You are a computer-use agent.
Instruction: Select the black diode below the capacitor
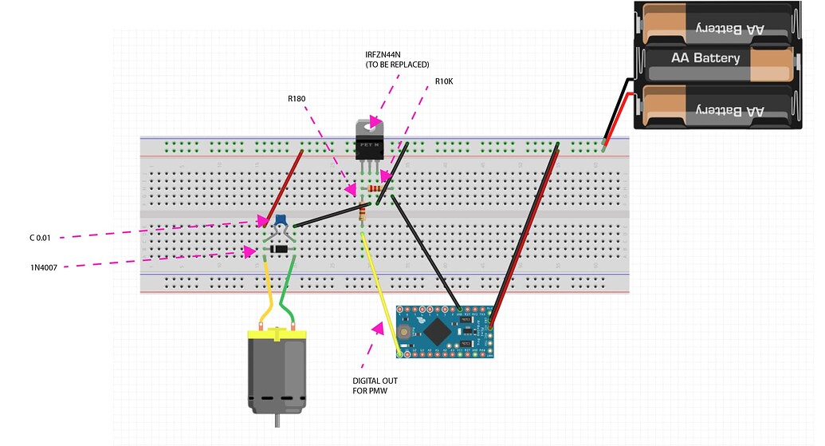click(279, 251)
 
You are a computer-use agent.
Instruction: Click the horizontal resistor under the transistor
click(375, 188)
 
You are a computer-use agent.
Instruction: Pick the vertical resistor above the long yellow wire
click(363, 212)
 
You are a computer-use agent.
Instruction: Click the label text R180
click(297, 100)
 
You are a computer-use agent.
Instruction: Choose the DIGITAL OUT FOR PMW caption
click(375, 386)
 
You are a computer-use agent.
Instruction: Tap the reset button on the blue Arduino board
click(406, 330)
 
